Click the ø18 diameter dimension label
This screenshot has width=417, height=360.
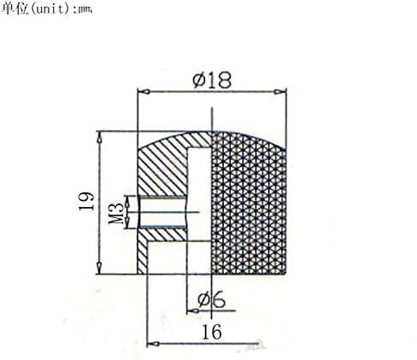212,80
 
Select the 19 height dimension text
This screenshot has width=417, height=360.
86,201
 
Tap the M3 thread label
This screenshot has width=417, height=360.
116,212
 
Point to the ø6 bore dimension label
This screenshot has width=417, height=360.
211,300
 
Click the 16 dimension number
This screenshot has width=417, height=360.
211,332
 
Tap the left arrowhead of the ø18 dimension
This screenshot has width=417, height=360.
144,92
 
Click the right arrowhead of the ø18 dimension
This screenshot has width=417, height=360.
280,91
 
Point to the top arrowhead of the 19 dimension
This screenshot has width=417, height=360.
99,137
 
